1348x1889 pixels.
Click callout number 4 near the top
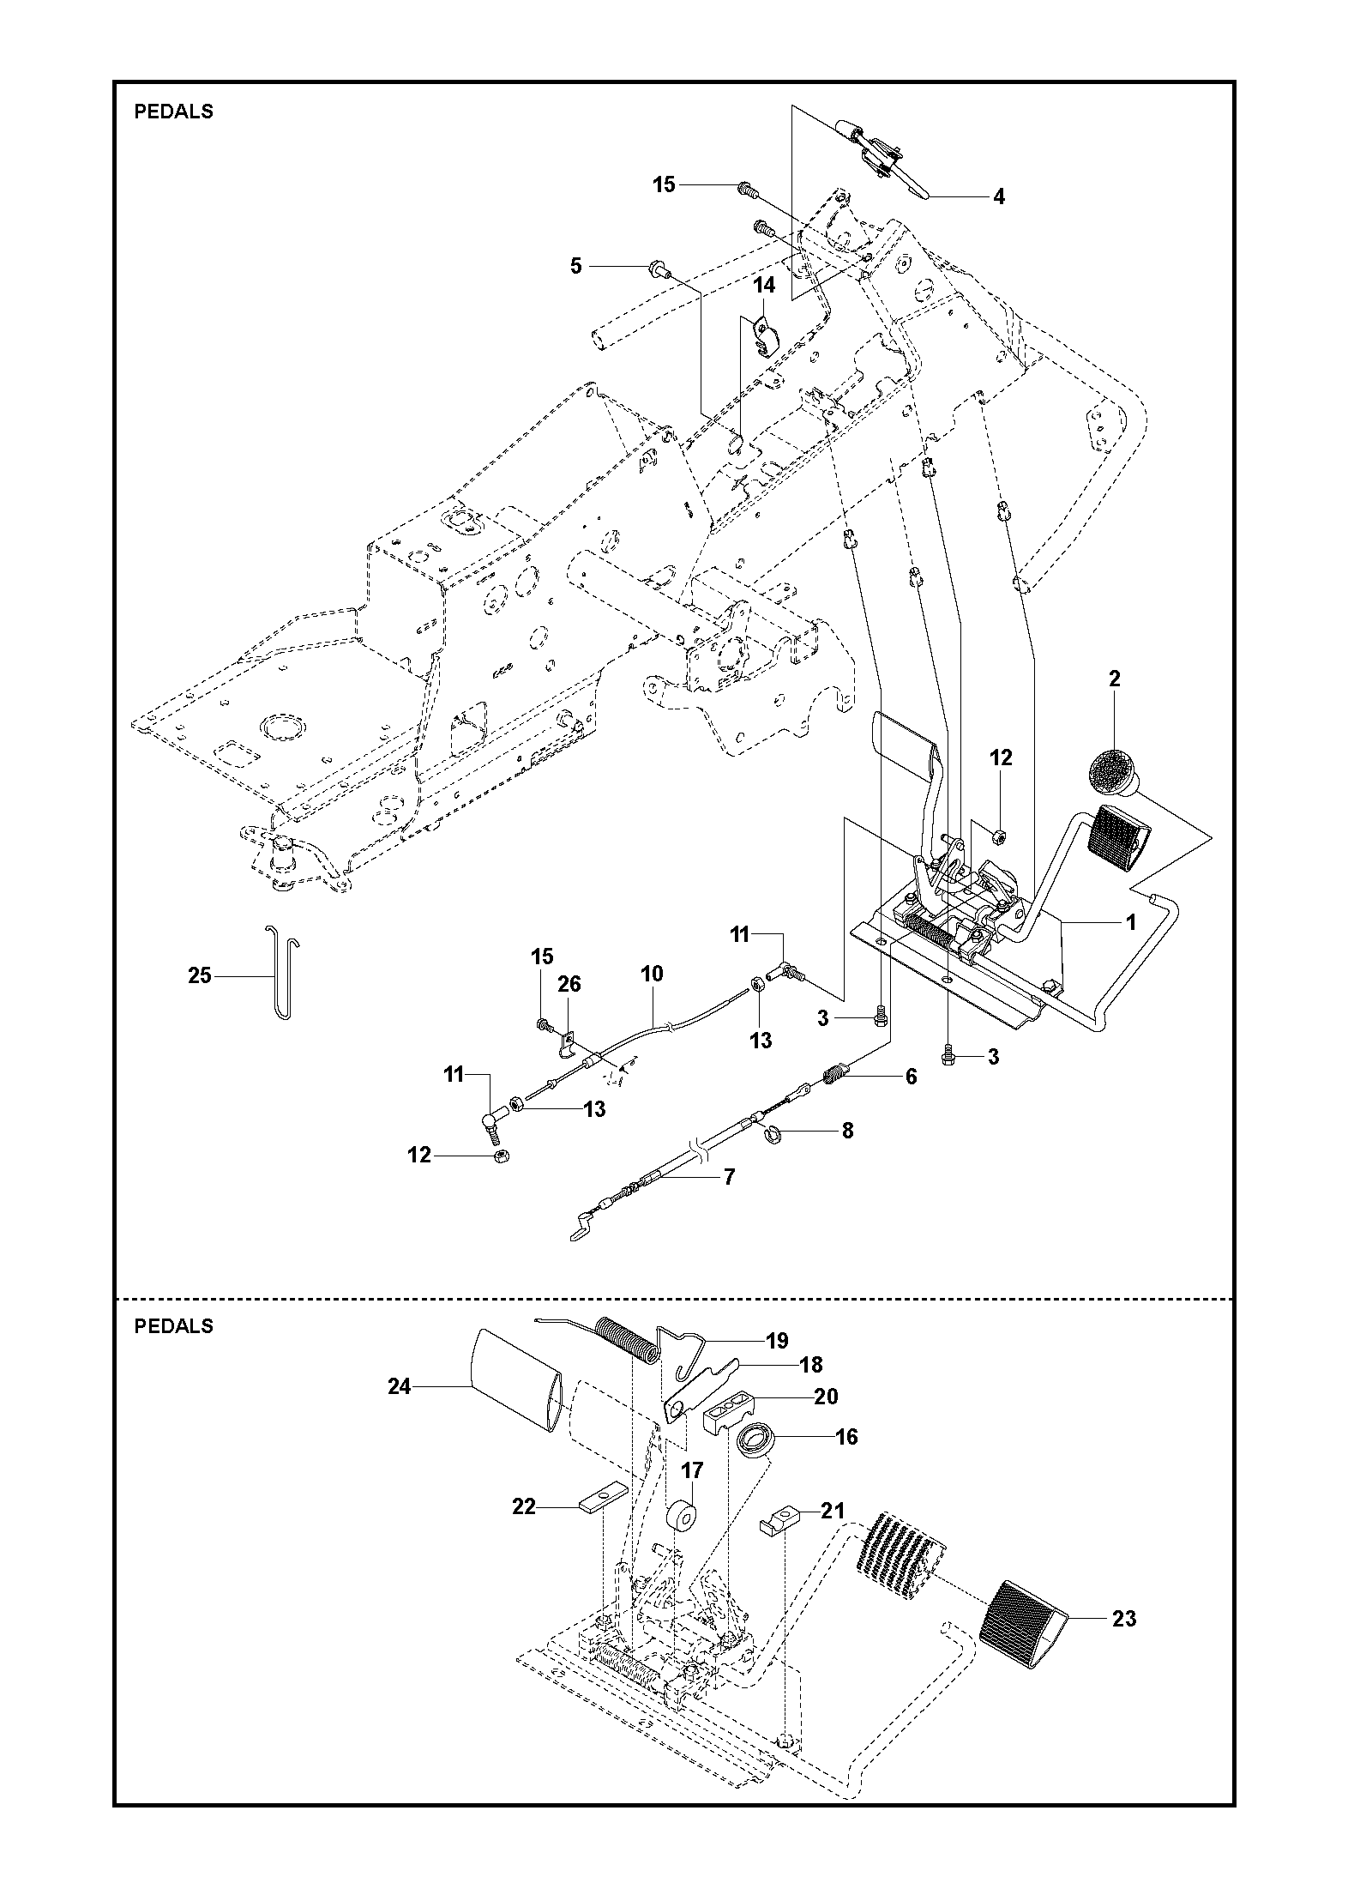point(998,196)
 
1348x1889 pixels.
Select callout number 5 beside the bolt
point(576,266)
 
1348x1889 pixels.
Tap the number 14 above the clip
point(764,285)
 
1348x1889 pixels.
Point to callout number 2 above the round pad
point(1114,679)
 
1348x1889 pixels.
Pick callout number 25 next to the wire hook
point(200,975)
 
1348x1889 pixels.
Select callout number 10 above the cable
point(652,974)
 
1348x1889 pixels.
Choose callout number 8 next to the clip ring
point(848,1131)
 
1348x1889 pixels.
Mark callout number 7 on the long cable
point(729,1177)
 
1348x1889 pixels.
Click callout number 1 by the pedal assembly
point(1131,922)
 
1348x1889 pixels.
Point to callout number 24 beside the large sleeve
point(400,1386)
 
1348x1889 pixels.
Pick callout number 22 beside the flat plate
point(524,1506)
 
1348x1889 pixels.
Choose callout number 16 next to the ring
point(846,1436)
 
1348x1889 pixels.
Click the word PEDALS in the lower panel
point(174,1326)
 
